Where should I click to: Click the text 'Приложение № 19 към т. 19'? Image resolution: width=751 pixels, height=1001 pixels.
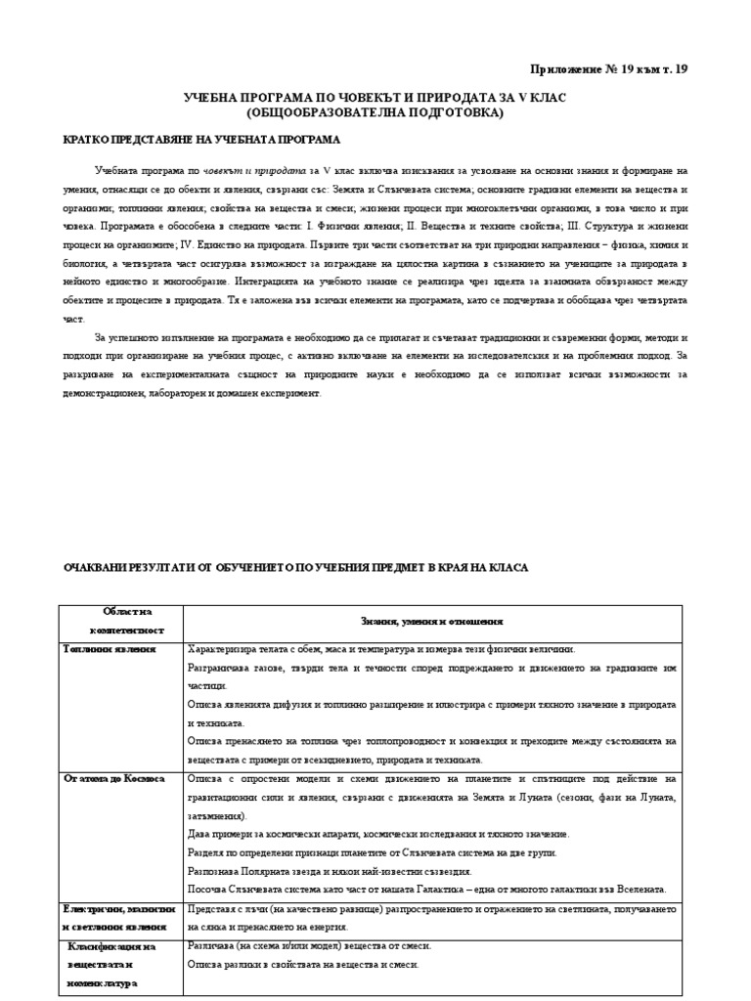(x=608, y=69)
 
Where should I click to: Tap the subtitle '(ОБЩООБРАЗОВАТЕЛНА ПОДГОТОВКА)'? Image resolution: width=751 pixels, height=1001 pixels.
(x=375, y=113)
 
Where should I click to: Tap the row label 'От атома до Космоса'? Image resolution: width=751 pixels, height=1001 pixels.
(x=113, y=778)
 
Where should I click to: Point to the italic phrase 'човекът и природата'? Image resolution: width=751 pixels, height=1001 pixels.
(x=241, y=169)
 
